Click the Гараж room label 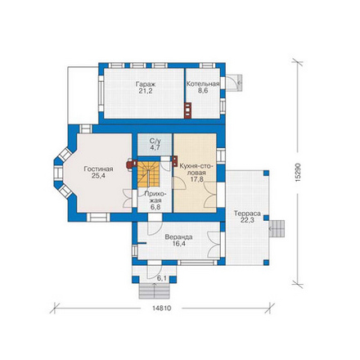(x=146, y=84)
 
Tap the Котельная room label (x=203, y=84)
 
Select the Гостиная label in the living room (x=98, y=169)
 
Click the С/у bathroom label (x=155, y=141)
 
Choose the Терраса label (x=247, y=214)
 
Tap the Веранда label (x=178, y=237)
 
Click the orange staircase (x=148, y=174)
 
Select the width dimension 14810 (x=162, y=308)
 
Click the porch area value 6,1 (x=161, y=278)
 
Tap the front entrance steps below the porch (x=155, y=290)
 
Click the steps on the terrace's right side (x=277, y=228)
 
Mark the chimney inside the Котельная (x=188, y=110)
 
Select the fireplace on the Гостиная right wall (x=132, y=164)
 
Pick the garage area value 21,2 (x=146, y=91)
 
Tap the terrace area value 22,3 (x=247, y=220)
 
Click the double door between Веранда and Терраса (x=214, y=245)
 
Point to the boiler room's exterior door (x=234, y=83)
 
